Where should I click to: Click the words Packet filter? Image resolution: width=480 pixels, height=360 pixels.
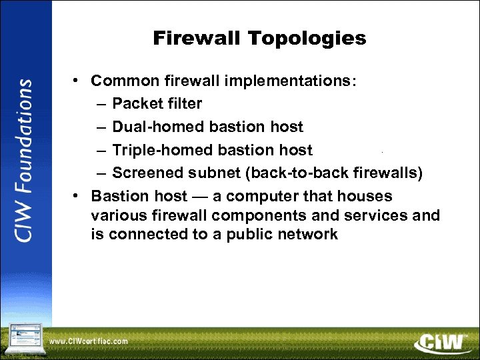pyautogui.click(x=157, y=104)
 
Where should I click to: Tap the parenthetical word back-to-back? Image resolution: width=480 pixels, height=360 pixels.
pyautogui.click(x=298, y=173)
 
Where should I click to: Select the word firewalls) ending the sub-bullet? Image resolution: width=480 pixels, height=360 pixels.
pyautogui.click(x=388, y=173)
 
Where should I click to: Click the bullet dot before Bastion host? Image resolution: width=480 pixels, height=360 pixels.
pyautogui.click(x=77, y=196)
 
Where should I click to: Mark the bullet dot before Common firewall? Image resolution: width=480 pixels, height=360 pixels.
pyautogui.click(x=77, y=81)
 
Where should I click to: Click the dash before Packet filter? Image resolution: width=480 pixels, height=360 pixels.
pyautogui.click(x=99, y=104)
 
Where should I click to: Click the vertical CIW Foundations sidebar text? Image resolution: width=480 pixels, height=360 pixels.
pyautogui.click(x=25, y=161)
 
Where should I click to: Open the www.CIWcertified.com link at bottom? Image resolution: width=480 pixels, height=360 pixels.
pyautogui.click(x=89, y=341)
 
